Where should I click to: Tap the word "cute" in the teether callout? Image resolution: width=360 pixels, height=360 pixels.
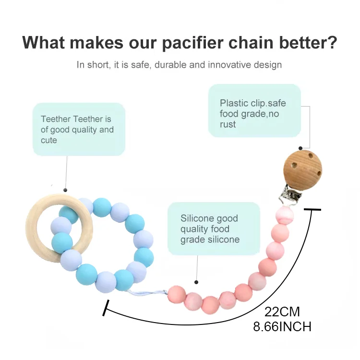click(x=49, y=140)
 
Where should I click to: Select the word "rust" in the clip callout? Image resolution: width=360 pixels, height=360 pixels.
click(x=228, y=124)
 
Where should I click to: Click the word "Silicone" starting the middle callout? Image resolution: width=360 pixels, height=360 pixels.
click(x=196, y=218)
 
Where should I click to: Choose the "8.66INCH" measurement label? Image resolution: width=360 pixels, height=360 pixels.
click(x=282, y=327)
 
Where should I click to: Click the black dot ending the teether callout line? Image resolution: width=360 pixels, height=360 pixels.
click(x=65, y=190)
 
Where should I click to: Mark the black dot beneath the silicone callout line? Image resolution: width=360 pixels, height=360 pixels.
click(x=196, y=282)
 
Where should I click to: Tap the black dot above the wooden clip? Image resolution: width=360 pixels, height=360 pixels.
click(x=300, y=149)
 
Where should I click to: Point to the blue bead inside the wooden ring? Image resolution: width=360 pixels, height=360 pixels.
click(x=62, y=240)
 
